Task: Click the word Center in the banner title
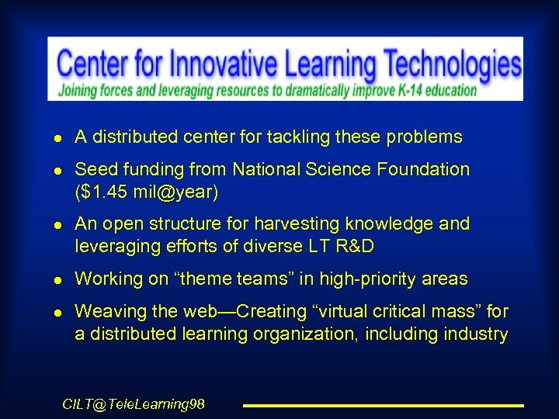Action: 94,64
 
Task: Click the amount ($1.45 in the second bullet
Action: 102,192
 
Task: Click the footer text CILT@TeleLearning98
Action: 134,404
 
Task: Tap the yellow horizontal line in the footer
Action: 384,405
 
